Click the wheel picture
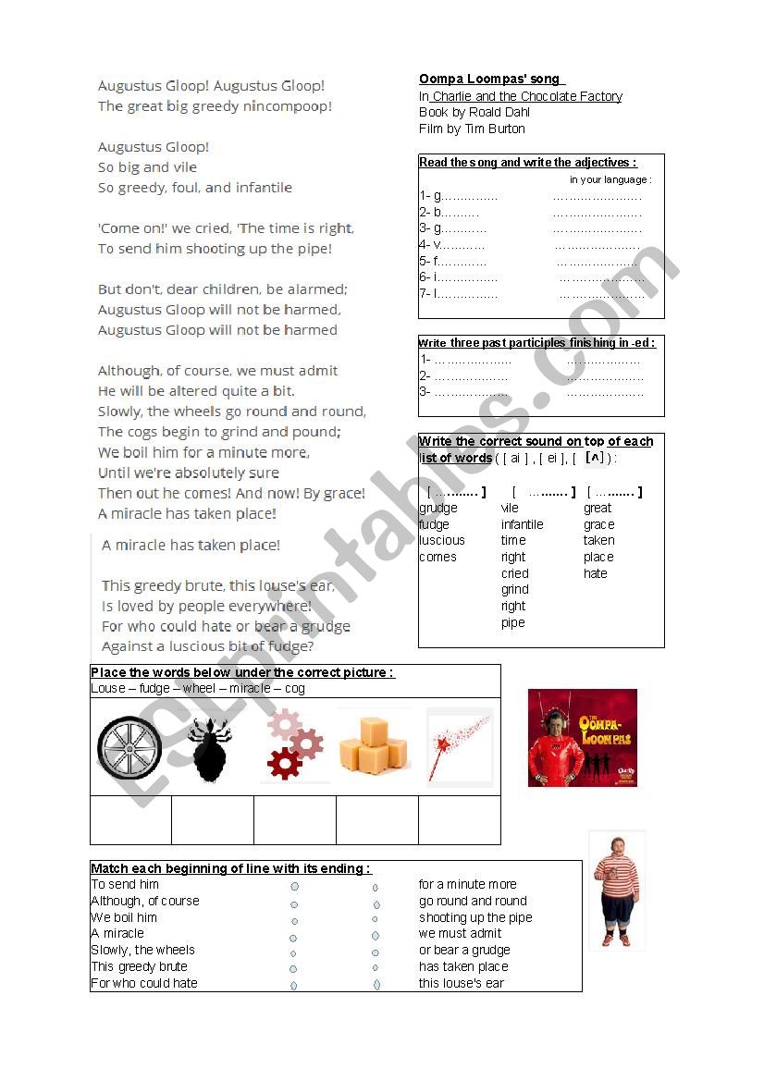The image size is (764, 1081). [x=129, y=747]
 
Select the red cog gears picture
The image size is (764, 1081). [x=294, y=744]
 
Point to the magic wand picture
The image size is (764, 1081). [x=458, y=744]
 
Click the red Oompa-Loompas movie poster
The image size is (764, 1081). [x=582, y=738]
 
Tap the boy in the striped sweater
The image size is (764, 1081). [x=615, y=890]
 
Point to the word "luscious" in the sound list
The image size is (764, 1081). [x=442, y=541]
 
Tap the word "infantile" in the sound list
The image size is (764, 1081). [x=523, y=524]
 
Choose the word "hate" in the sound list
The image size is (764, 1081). [x=596, y=573]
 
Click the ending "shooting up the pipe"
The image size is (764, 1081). [x=475, y=917]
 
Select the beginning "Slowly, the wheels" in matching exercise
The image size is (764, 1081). [x=143, y=950]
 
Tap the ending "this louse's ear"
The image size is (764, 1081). [x=462, y=983]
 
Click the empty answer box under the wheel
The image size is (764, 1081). [x=130, y=820]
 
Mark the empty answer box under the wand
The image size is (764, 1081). [x=459, y=820]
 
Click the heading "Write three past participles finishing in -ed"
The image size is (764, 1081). [x=536, y=343]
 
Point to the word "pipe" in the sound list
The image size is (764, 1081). [x=513, y=622]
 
